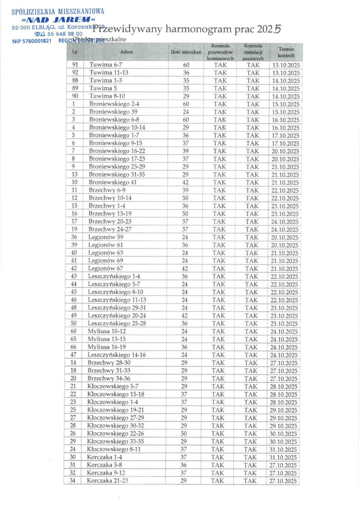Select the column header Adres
tap(127, 52)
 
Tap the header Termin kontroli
tap(286, 52)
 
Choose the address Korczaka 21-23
tap(107, 481)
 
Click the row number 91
tap(75, 65)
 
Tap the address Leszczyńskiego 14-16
tap(116, 355)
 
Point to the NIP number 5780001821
tap(38, 41)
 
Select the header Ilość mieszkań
tap(185, 52)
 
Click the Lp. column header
tap(75, 52)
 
